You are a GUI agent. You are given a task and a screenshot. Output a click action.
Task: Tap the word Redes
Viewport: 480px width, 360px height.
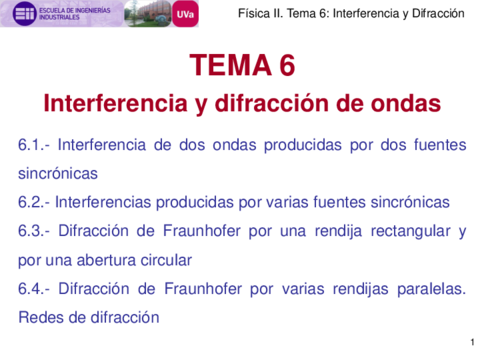[41, 318]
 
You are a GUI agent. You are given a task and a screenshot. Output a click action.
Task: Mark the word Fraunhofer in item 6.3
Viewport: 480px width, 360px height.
[181, 231]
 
